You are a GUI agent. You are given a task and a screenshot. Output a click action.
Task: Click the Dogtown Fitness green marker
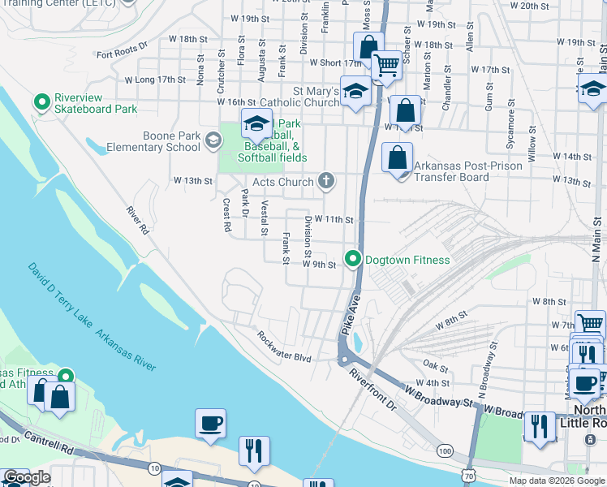tap(353, 260)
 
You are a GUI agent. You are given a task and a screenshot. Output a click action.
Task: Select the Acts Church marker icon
tap(325, 181)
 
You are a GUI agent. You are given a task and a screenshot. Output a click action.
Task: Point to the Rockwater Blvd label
tap(284, 347)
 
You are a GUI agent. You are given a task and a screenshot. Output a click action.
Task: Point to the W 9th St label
tap(319, 265)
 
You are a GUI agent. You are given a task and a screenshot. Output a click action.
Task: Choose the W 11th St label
tap(334, 219)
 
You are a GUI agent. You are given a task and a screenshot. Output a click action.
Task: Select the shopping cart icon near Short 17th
tap(387, 64)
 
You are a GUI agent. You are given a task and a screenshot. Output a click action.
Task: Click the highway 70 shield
tap(471, 478)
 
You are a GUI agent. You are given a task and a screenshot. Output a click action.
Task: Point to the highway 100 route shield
tap(445, 450)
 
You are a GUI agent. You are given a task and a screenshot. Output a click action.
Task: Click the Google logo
tap(27, 478)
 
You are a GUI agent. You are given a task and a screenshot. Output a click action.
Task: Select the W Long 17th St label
tap(155, 80)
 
